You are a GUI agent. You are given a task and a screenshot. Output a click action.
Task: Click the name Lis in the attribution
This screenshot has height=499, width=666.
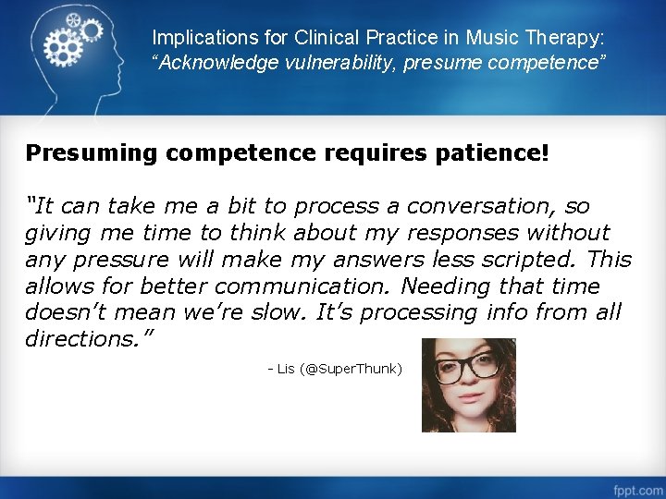click(285, 369)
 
